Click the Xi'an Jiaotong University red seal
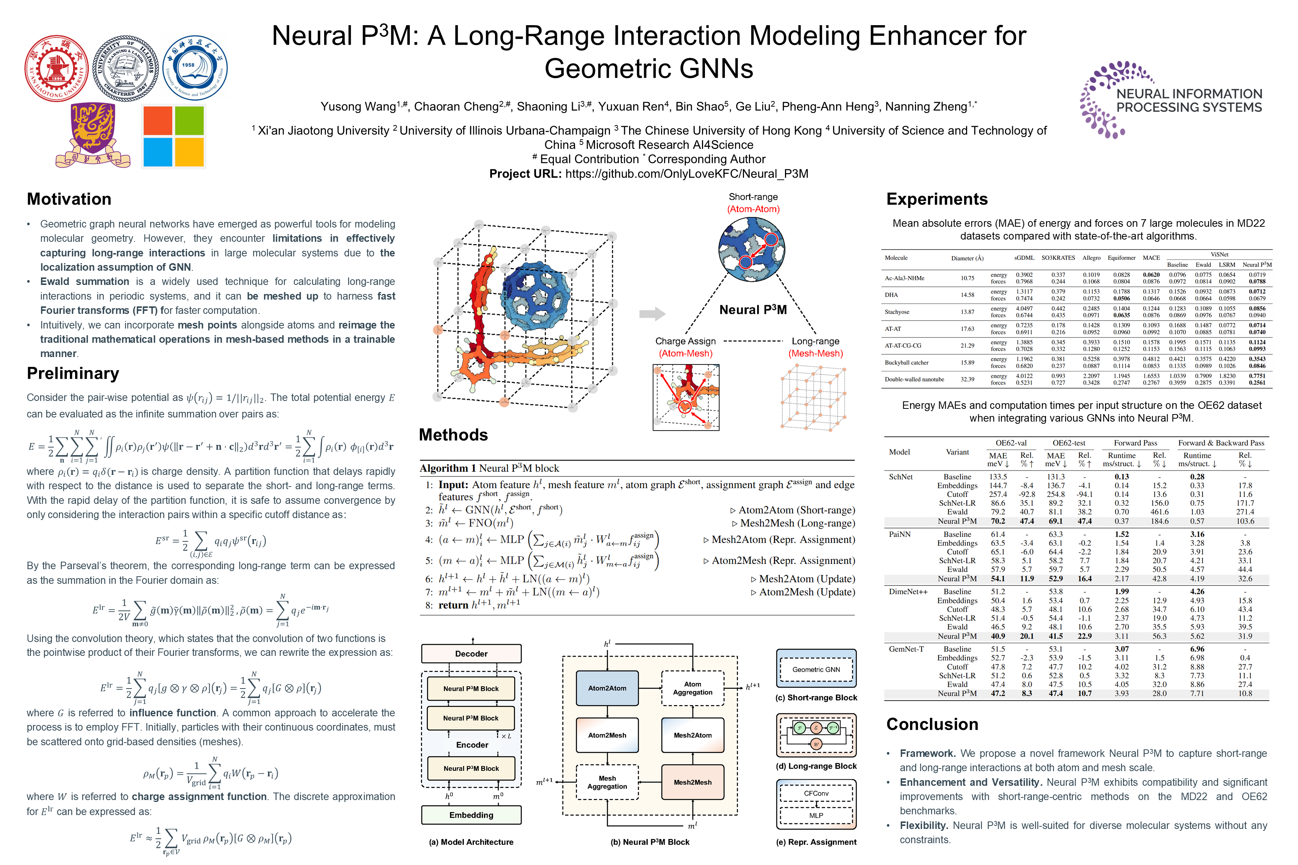tap(57, 68)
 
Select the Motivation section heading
tap(69, 199)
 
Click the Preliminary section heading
tap(73, 374)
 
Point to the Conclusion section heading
tap(932, 724)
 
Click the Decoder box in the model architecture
tap(471, 654)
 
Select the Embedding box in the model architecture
tap(471, 815)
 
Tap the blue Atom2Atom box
tap(607, 688)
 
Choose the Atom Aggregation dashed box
tap(693, 688)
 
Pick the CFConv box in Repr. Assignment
tap(816, 793)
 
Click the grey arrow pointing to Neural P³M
tap(652, 314)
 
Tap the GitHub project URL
tap(687, 174)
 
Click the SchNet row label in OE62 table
tap(901, 477)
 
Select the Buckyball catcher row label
tap(907, 362)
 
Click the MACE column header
tap(1151, 258)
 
